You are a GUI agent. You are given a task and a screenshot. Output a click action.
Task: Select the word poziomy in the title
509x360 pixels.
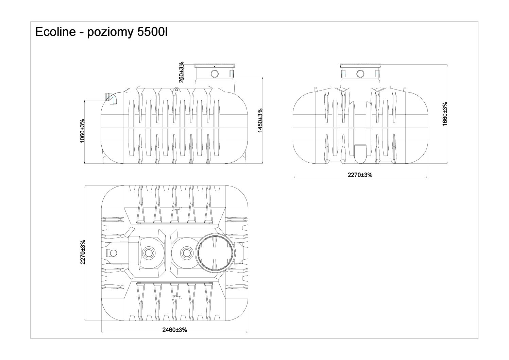click(104, 33)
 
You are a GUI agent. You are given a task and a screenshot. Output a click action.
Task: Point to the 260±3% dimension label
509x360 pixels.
click(182, 72)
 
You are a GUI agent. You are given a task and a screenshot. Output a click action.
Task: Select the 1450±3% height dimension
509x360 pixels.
click(260, 121)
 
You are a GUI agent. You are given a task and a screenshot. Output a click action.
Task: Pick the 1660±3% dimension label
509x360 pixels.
click(445, 114)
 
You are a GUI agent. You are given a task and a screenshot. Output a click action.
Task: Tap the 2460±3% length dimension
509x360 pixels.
click(174, 330)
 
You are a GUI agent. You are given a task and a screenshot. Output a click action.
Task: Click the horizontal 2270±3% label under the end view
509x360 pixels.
click(360, 175)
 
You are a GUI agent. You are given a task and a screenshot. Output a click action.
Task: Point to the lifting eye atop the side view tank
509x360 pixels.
click(176, 89)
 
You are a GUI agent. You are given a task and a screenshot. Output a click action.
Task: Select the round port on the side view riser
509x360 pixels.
click(215, 73)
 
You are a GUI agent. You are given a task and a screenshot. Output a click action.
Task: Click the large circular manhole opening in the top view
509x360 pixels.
click(215, 253)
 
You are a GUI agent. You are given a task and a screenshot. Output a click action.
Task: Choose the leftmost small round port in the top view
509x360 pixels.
click(148, 252)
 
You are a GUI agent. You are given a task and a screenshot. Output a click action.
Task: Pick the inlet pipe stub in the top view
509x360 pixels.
click(112, 252)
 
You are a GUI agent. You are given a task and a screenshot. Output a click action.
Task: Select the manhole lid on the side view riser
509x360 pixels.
click(215, 65)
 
